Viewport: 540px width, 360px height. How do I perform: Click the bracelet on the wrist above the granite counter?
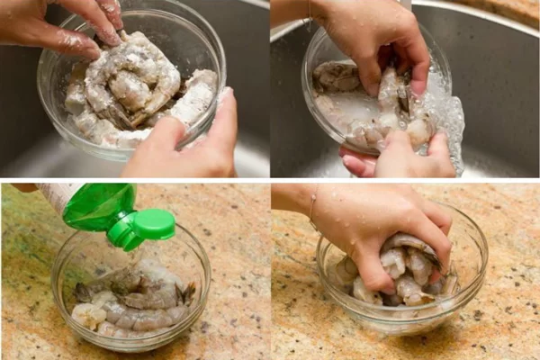point(312,211)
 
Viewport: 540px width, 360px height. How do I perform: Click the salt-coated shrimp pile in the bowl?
point(135,85)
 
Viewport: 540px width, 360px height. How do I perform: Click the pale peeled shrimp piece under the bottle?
point(90,315)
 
